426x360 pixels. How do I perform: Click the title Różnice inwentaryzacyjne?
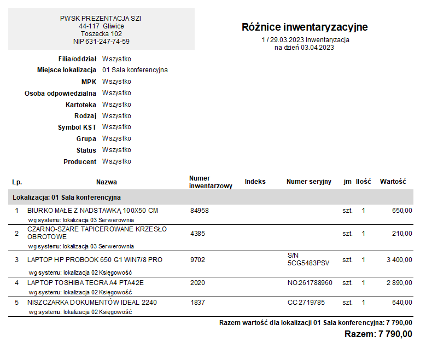(305, 27)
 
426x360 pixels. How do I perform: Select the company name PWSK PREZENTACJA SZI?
(101, 19)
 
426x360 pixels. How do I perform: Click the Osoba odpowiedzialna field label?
(60, 94)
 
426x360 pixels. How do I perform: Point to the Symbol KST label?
(77, 127)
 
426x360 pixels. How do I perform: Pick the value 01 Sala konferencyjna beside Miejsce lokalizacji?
(135, 70)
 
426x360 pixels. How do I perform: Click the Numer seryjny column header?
(309, 182)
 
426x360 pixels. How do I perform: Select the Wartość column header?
(393, 182)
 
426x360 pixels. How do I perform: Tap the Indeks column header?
(255, 182)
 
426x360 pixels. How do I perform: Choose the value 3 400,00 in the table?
(399, 260)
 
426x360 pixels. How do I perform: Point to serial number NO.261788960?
(310, 283)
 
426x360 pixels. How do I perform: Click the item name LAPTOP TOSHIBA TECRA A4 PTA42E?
(85, 283)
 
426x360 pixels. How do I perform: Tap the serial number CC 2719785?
(307, 303)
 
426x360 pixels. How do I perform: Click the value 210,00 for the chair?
(402, 234)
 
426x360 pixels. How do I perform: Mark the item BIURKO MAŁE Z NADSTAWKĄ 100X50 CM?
(92, 211)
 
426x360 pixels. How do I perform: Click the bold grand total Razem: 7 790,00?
(378, 334)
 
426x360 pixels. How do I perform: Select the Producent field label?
(80, 162)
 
